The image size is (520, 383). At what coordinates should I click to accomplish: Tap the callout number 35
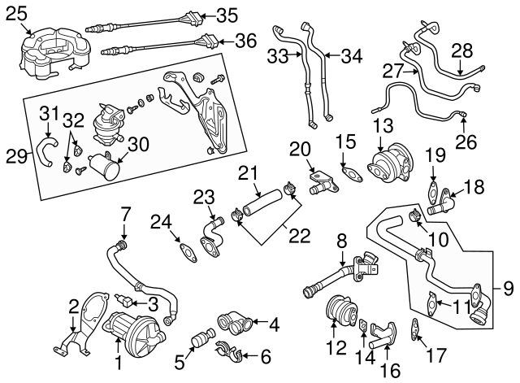227,14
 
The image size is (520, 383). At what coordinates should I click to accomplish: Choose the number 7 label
125,215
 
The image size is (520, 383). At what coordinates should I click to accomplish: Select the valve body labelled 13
390,165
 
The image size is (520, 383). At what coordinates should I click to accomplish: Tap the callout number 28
461,50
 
